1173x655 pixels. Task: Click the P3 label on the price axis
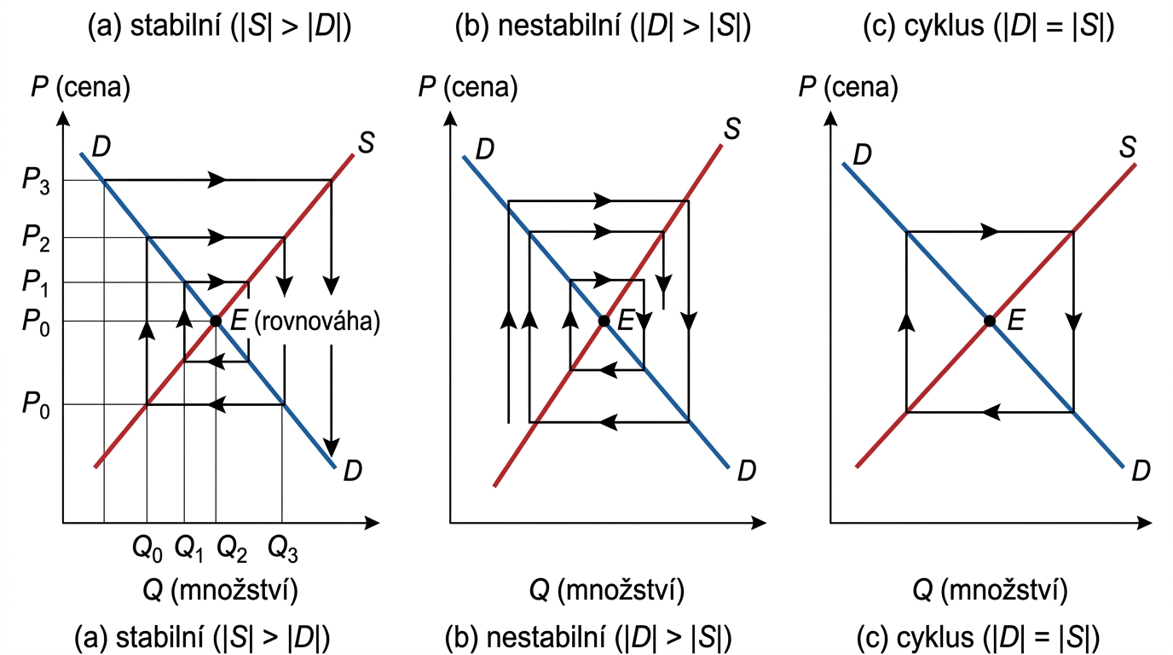tap(35, 181)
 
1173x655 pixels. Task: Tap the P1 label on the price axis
tap(35, 282)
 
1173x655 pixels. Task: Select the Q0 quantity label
tap(147, 547)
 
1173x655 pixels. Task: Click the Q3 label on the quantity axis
tap(283, 547)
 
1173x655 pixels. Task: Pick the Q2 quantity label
tap(232, 547)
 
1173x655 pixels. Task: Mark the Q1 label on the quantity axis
tap(188, 547)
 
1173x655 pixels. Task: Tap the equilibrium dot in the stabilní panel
tap(216, 322)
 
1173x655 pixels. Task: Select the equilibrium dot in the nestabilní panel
tap(604, 322)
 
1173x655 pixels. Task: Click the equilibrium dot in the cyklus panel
tap(990, 322)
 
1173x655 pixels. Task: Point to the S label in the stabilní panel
tap(365, 143)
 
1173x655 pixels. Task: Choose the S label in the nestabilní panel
tap(731, 130)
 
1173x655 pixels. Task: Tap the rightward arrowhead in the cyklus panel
tap(991, 231)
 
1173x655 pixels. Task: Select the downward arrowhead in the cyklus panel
tap(1073, 322)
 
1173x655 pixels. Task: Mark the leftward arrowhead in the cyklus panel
tap(991, 412)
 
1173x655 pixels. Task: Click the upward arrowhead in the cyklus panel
tap(906, 320)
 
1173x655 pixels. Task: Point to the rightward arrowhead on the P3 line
tap(219, 180)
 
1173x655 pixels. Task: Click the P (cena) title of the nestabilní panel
tap(468, 87)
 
